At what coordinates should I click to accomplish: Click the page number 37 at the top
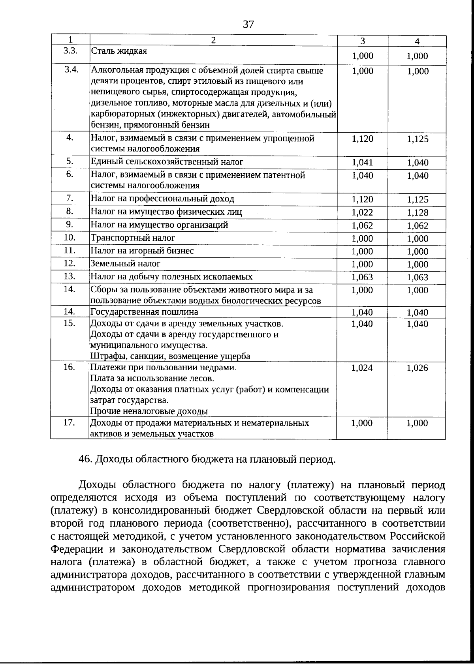[x=248, y=24]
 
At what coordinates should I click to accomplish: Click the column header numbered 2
[x=213, y=40]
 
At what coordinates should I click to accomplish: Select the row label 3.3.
[x=70, y=51]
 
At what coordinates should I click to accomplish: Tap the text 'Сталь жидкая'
[x=119, y=51]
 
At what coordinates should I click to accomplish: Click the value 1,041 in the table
[x=362, y=162]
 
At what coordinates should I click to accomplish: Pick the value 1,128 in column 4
[x=418, y=212]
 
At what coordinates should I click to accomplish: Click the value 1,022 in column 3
[x=362, y=212]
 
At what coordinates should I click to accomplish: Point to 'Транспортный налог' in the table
[x=133, y=238]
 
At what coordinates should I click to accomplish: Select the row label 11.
[x=70, y=250]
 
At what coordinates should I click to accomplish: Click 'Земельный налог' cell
[x=126, y=263]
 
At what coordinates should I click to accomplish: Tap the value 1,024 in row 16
[x=362, y=368]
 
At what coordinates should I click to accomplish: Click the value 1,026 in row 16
[x=418, y=368]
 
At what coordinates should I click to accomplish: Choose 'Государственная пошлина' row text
[x=144, y=312]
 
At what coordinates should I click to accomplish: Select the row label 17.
[x=70, y=422]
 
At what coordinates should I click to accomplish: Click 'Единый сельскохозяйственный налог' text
[x=167, y=161]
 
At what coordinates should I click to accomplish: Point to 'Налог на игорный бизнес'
[x=142, y=251]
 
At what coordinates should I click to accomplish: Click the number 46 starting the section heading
[x=85, y=460]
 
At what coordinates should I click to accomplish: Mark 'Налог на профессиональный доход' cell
[x=162, y=199]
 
